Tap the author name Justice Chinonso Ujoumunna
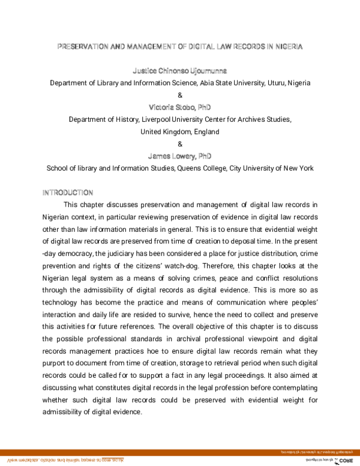(x=180, y=71)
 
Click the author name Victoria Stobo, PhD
(x=180, y=107)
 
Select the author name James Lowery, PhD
(x=180, y=156)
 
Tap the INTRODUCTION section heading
(x=67, y=193)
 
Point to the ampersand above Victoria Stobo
(x=180, y=95)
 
